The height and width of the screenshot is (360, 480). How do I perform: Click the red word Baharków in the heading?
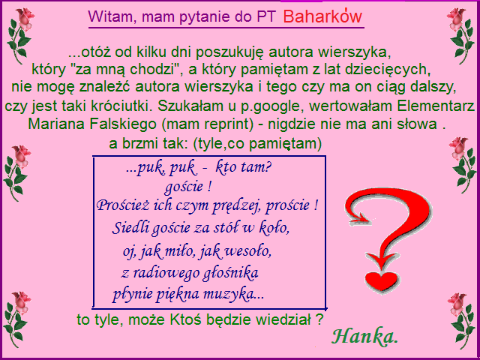322,16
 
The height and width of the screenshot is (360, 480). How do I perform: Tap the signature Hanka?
364,336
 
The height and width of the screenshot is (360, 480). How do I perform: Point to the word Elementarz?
436,106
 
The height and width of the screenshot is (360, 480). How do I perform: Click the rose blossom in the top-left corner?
25,18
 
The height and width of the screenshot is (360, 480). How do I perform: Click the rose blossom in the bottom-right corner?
457,303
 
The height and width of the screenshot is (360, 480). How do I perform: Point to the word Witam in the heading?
109,16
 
